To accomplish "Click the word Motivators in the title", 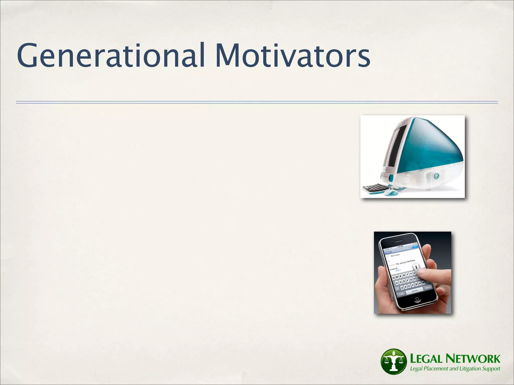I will [292, 56].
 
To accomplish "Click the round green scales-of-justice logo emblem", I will [393, 361].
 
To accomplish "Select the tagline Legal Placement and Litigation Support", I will [455, 369].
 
